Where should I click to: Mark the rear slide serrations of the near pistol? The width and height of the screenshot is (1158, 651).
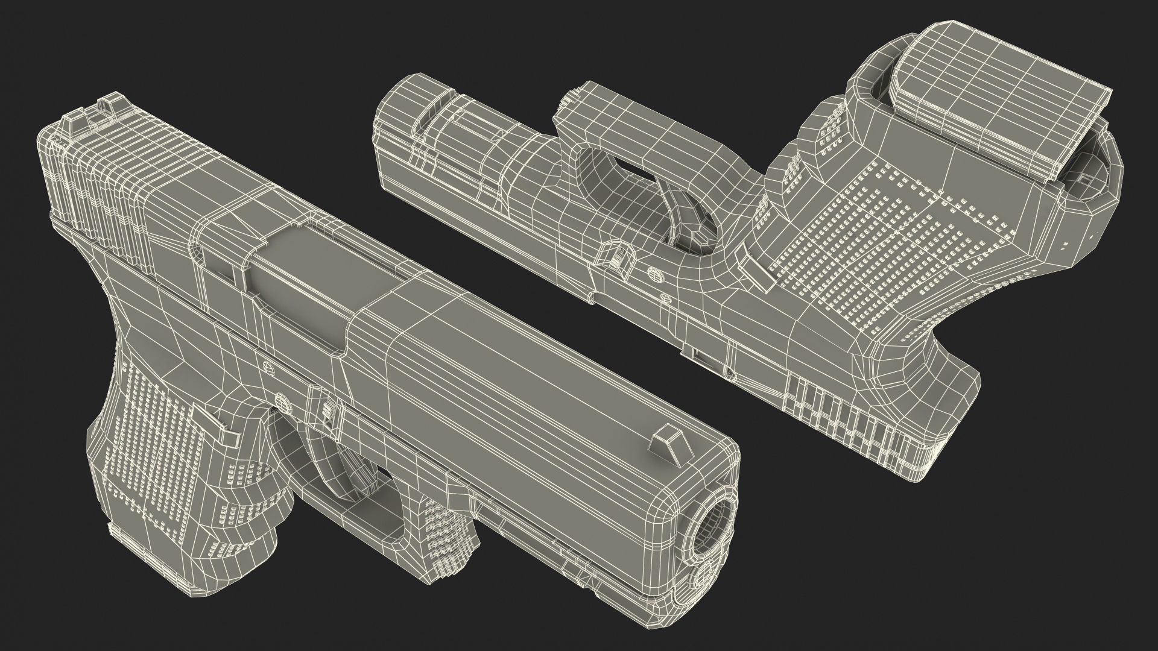(96, 175)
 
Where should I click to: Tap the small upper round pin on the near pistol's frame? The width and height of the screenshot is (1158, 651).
(266, 365)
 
